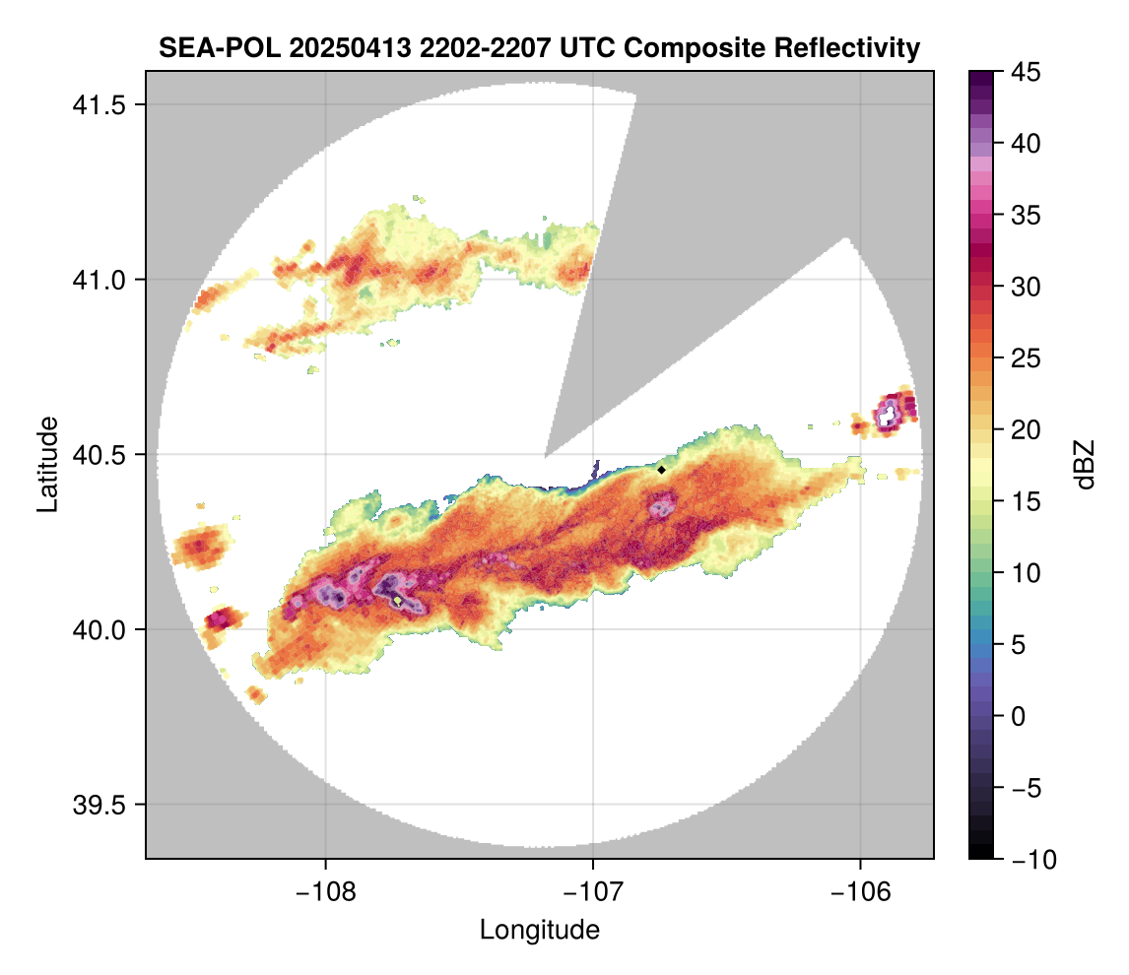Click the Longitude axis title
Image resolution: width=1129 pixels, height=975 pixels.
(x=539, y=930)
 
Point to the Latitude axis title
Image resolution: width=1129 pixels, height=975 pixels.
(x=46, y=463)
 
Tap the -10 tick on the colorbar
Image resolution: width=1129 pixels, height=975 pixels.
(x=1029, y=860)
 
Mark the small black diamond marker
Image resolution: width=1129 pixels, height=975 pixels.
(x=662, y=470)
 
